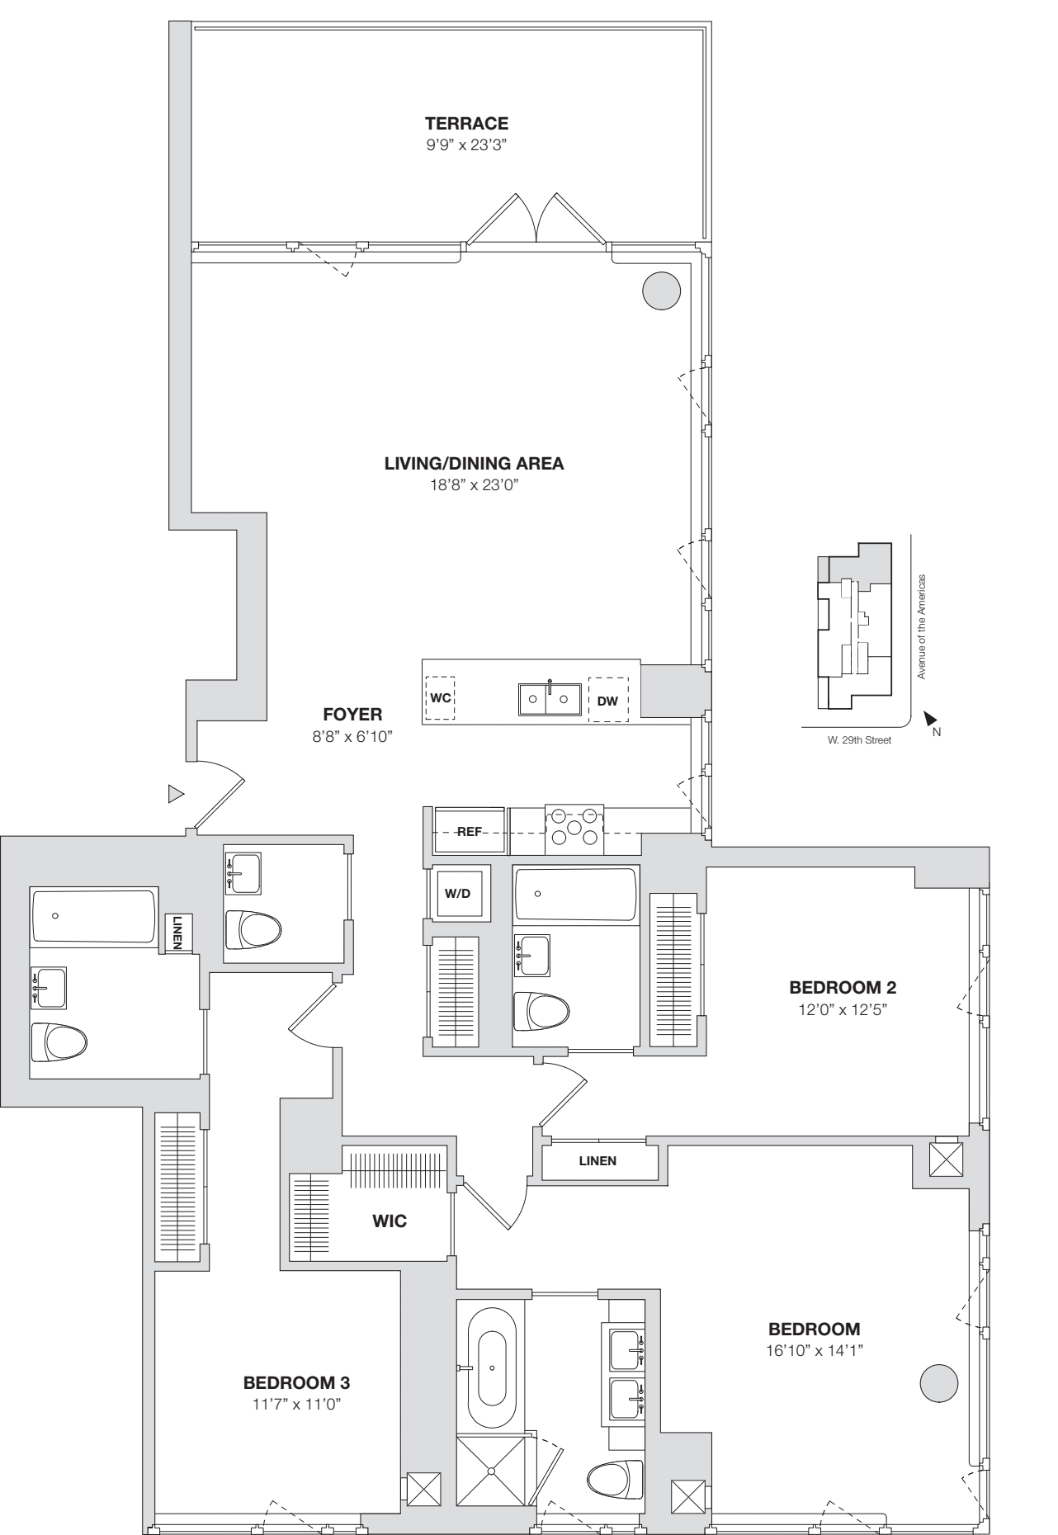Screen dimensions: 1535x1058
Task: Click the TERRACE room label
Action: pos(466,124)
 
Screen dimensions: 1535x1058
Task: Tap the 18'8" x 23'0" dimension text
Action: pos(474,485)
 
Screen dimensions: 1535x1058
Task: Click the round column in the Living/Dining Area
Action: pos(661,290)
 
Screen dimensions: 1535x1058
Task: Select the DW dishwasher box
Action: pos(607,701)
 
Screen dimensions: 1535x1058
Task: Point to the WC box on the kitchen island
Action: pos(440,698)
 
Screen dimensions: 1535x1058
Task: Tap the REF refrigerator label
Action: pos(469,832)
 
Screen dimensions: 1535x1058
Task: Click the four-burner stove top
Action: pos(574,827)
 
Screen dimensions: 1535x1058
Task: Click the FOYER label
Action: pos(352,715)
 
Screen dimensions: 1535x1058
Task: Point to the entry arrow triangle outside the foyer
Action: pos(175,794)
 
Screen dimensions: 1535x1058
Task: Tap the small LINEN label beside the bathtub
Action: pos(178,933)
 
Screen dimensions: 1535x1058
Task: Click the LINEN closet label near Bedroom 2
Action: pos(597,1160)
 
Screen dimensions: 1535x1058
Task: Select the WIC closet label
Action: pos(390,1221)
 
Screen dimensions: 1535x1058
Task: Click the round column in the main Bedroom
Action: pos(938,1382)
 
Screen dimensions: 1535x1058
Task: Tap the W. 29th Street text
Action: pos(859,740)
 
